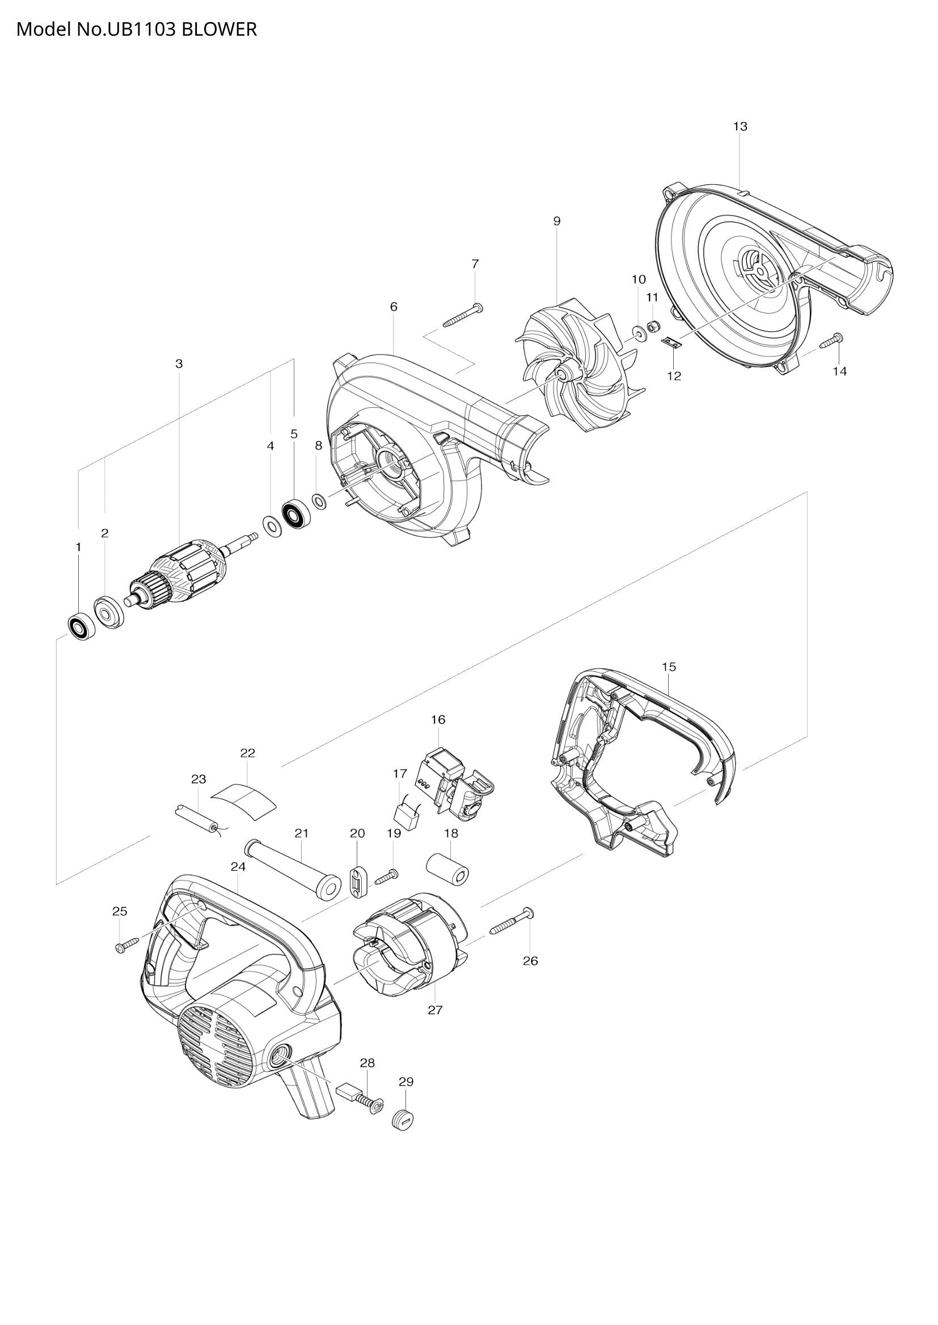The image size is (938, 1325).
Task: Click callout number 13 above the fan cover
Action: pyautogui.click(x=740, y=126)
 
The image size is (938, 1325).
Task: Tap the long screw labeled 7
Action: pyautogui.click(x=463, y=316)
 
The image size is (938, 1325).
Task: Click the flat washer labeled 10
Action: pyautogui.click(x=639, y=334)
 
